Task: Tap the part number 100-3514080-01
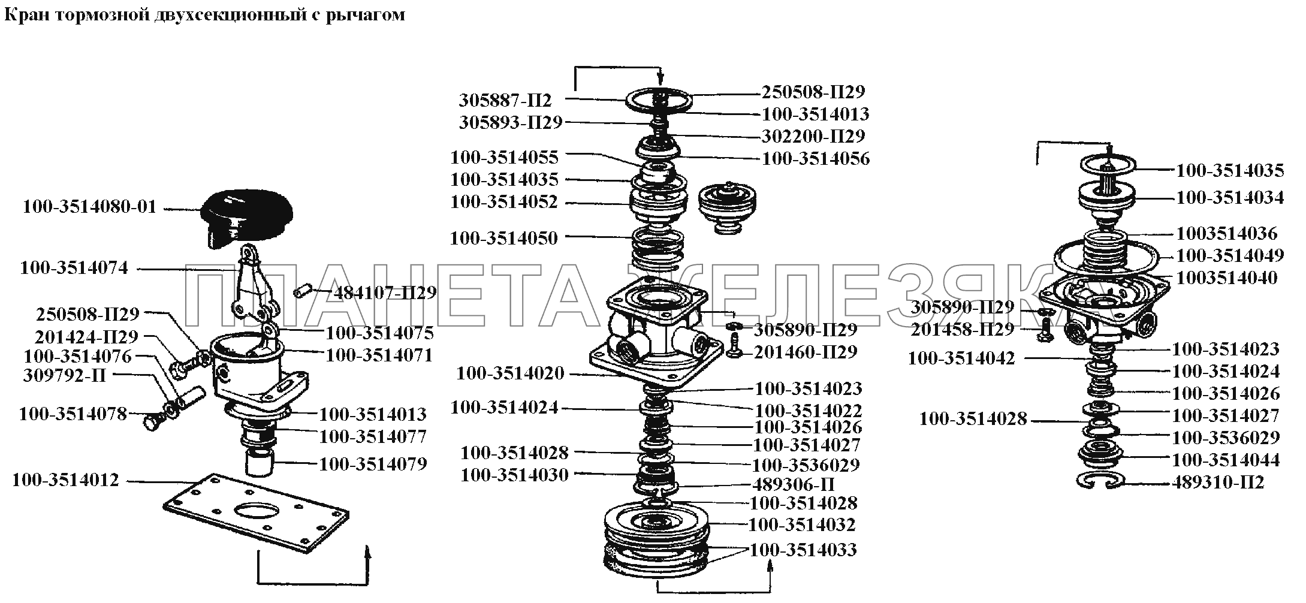click(89, 207)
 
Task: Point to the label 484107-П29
click(384, 293)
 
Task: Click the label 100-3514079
click(373, 464)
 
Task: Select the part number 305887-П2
click(505, 100)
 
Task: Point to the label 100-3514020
click(510, 374)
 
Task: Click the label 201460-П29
click(806, 352)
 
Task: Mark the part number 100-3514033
click(803, 550)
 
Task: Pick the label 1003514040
click(1227, 278)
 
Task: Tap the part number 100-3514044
click(1226, 460)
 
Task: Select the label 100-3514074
click(74, 268)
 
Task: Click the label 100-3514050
click(504, 238)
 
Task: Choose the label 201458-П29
click(963, 329)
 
